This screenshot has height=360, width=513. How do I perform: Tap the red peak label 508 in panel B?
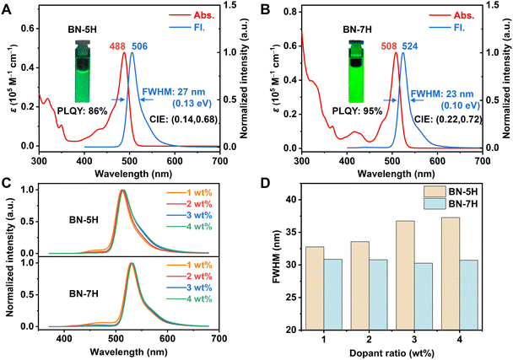[389, 46]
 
